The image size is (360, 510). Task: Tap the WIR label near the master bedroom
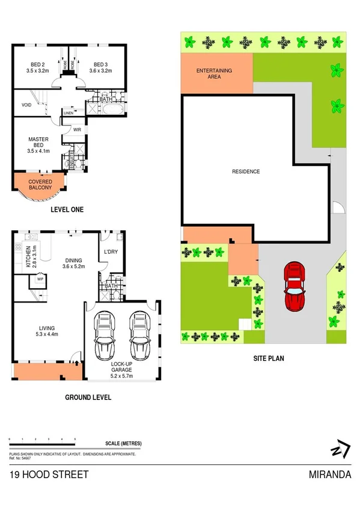coord(77,129)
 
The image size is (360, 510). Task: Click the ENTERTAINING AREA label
coord(215,74)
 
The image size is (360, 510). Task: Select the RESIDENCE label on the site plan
coord(246,172)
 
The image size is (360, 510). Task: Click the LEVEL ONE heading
coord(67,210)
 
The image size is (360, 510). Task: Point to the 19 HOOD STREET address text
coord(49,475)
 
